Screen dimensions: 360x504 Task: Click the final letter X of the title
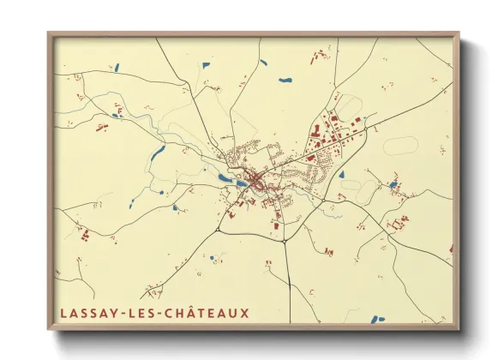click(x=245, y=313)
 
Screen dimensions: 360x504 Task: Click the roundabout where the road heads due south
click(x=285, y=241)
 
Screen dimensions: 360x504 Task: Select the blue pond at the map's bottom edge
click(x=380, y=320)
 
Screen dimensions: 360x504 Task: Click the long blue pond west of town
click(x=158, y=153)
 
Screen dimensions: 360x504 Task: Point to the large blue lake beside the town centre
click(x=225, y=178)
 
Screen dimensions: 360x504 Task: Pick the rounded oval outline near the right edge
click(x=399, y=146)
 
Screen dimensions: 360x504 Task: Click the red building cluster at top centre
click(x=318, y=56)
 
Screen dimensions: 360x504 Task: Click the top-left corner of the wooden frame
click(x=50, y=35)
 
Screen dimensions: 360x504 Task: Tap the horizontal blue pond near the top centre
click(x=285, y=81)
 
